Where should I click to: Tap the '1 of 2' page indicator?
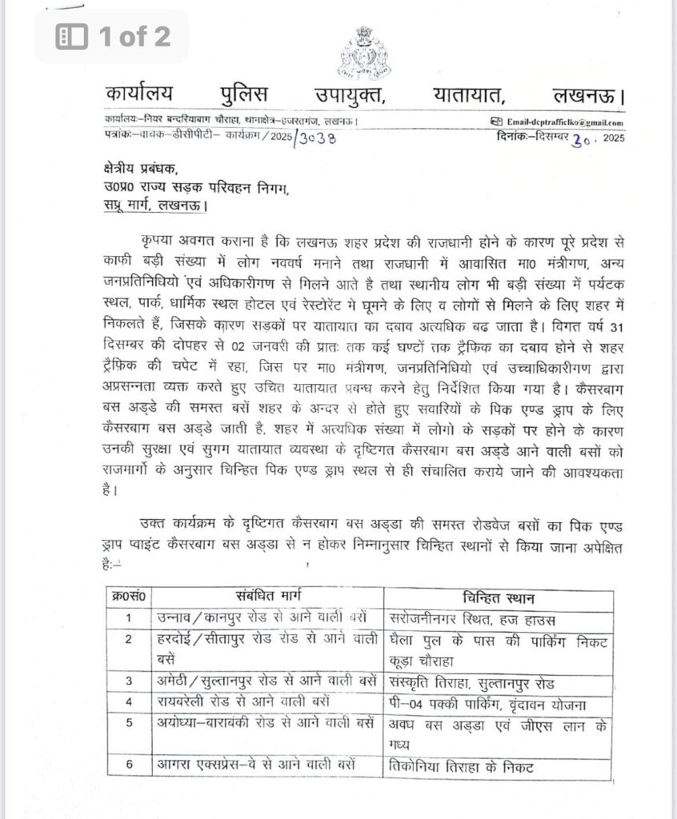[x=113, y=36]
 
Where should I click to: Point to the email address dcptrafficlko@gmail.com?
[x=565, y=122]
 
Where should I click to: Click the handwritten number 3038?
[x=321, y=137]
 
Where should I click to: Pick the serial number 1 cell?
[x=129, y=618]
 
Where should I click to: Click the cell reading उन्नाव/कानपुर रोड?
[x=261, y=618]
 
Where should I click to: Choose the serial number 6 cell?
[x=129, y=765]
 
